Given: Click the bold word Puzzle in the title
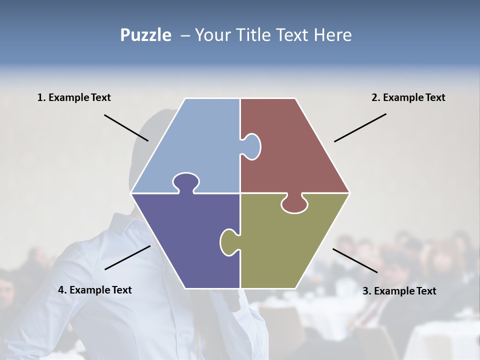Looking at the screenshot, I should click(x=145, y=35).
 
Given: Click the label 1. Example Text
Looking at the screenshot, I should click(x=74, y=97).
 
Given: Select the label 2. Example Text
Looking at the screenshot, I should click(x=408, y=97).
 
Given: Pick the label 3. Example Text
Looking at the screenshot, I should click(x=399, y=291).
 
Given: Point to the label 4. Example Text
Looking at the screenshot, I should click(x=95, y=289).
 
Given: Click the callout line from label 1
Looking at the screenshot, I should click(x=126, y=127).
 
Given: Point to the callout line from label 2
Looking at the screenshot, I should click(x=360, y=127).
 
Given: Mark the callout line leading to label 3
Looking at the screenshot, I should click(x=355, y=260).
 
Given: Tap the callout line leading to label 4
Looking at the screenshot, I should click(x=127, y=257).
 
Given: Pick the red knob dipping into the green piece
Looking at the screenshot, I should click(x=294, y=203).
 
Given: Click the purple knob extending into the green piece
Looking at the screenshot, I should click(x=229, y=241).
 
